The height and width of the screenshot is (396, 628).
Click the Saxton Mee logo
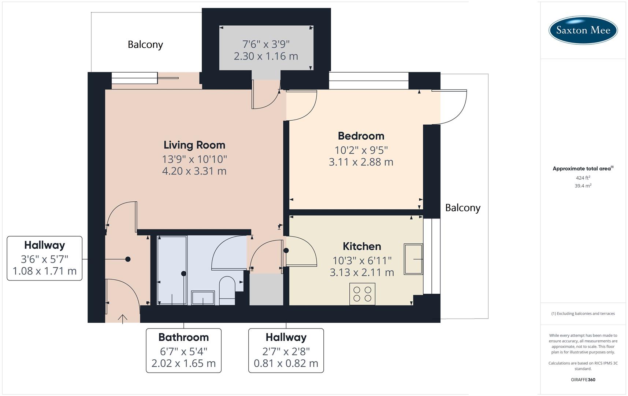[x=583, y=30]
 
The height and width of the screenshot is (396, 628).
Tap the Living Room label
[x=194, y=145]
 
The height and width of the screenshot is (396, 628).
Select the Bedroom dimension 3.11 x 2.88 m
[x=361, y=162]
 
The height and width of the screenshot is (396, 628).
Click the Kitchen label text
[x=361, y=246]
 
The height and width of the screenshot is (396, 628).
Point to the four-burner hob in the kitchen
[x=362, y=294]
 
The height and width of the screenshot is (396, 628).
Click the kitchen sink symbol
[x=413, y=259]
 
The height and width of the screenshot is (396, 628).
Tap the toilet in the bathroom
[x=227, y=290]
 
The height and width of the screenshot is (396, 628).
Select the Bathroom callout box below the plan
[x=183, y=350]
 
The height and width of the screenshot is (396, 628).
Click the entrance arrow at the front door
[x=123, y=319]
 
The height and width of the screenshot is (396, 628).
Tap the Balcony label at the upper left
[x=145, y=44]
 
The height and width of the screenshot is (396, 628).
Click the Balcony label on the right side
[x=462, y=208]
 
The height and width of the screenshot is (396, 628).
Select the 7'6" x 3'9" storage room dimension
[x=266, y=44]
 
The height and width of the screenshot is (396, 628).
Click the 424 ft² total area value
[x=583, y=178]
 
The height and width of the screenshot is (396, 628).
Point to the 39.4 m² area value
[x=583, y=186]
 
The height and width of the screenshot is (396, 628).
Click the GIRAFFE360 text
[x=583, y=379]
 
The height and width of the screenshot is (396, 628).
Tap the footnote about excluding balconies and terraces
[x=583, y=313]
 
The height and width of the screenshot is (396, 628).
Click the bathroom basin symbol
[x=203, y=298]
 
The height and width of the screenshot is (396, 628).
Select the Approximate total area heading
[x=583, y=169]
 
